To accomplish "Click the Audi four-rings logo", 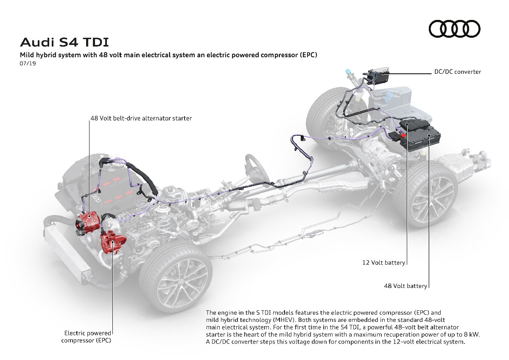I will click(455, 29).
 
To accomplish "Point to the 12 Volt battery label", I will click(383, 262).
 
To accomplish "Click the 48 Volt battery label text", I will click(405, 286).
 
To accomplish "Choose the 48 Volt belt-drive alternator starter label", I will click(141, 118).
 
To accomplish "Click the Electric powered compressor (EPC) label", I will click(88, 336).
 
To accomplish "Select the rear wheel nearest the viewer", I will click(424, 204).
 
